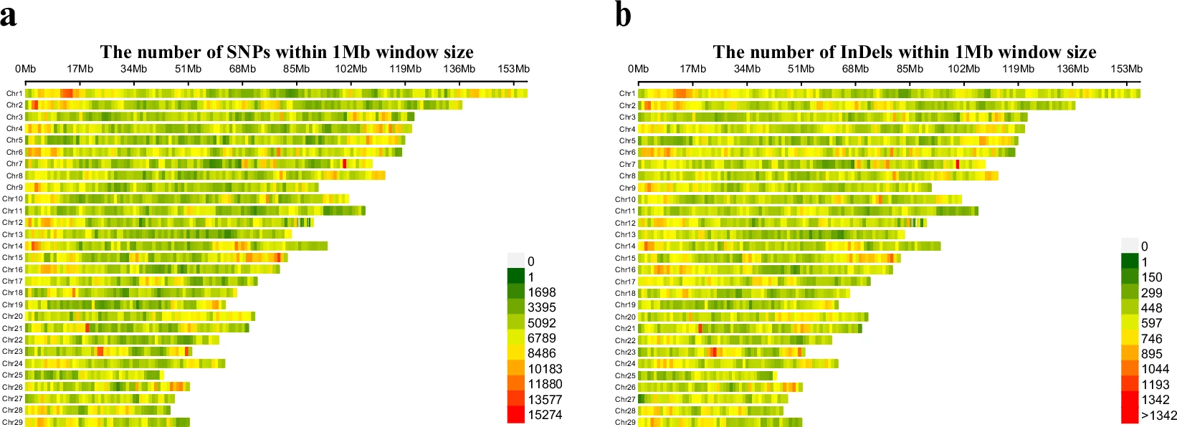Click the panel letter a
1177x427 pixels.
[9, 16]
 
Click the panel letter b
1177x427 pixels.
[623, 14]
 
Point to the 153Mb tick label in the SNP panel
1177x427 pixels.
[513, 69]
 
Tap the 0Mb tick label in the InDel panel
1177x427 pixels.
[638, 69]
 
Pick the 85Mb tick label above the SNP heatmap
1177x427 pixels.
[296, 69]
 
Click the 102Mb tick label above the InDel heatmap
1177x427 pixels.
[963, 69]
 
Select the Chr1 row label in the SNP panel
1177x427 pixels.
[14, 93]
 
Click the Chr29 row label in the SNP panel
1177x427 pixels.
[12, 422]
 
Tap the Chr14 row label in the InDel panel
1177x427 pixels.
[625, 246]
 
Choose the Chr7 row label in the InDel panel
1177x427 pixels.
[627, 164]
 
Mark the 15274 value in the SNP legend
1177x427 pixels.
[545, 415]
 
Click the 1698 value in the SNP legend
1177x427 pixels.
[541, 292]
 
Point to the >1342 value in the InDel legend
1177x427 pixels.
[1158, 416]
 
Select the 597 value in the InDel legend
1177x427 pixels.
[1151, 323]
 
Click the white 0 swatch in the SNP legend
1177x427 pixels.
[515, 261]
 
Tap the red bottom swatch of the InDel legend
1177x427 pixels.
[1130, 416]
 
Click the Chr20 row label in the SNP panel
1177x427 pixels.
[12, 316]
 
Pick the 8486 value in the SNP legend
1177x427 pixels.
[541, 353]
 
